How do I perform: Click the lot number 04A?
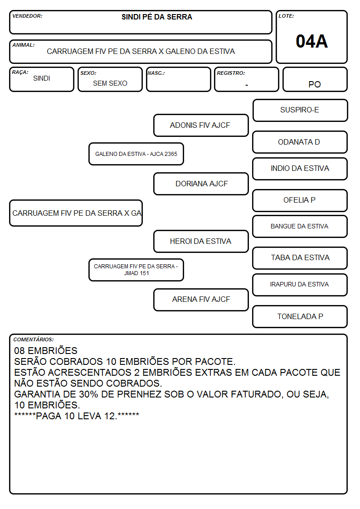pyautogui.click(x=311, y=41)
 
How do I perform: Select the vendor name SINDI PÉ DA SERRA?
pyautogui.click(x=157, y=17)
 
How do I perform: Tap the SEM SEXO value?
pyautogui.click(x=110, y=83)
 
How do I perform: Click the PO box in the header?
pyautogui.click(x=315, y=79)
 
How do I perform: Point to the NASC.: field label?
pyautogui.click(x=156, y=73)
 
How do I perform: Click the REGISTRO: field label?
pyautogui.click(x=231, y=73)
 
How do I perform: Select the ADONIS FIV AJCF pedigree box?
pyautogui.click(x=201, y=125)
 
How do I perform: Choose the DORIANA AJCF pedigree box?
pyautogui.click(x=201, y=184)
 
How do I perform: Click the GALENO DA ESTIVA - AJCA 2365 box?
pyautogui.click(x=136, y=154)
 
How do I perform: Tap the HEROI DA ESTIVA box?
pyautogui.click(x=201, y=242)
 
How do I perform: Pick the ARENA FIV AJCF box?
pyautogui.click(x=201, y=300)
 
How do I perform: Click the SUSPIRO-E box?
pyautogui.click(x=300, y=111)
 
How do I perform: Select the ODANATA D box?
pyautogui.click(x=300, y=142)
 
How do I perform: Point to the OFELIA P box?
pyautogui.click(x=300, y=200)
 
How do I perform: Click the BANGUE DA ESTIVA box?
pyautogui.click(x=300, y=226)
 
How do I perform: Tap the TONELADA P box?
pyautogui.click(x=300, y=316)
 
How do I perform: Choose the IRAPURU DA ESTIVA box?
pyautogui.click(x=300, y=285)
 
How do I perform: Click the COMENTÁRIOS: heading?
pyautogui.click(x=34, y=339)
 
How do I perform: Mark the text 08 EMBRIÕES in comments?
pyautogui.click(x=46, y=350)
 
